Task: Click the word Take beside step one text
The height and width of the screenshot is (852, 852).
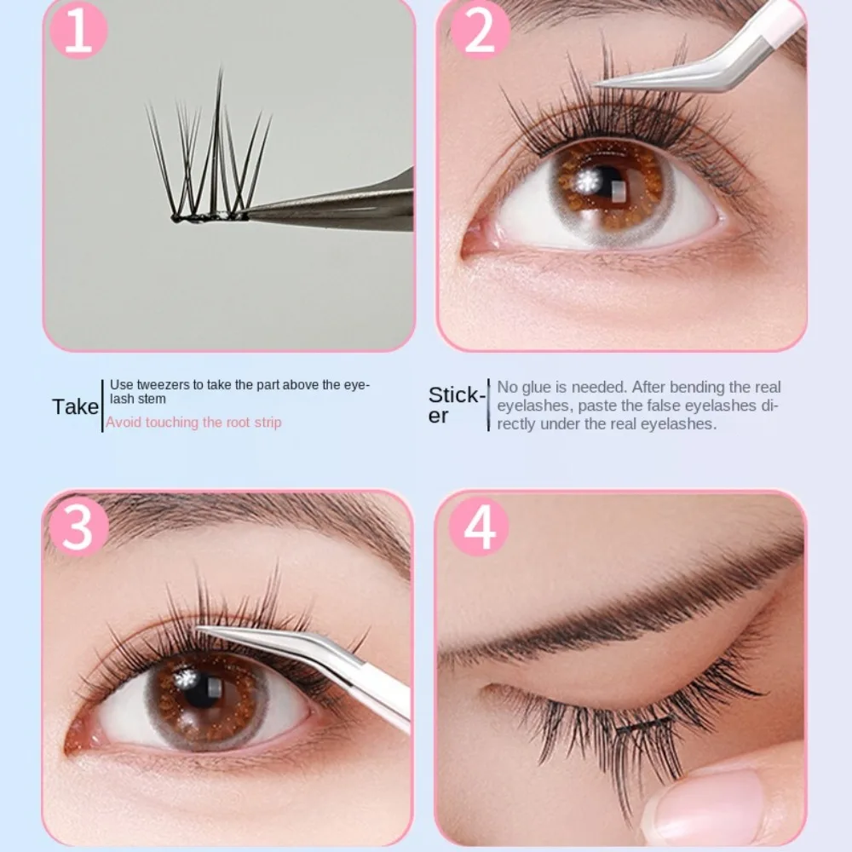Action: click(x=75, y=406)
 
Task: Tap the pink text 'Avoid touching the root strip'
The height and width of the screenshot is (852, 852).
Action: click(x=193, y=422)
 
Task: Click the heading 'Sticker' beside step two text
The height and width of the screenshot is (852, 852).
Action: click(x=456, y=405)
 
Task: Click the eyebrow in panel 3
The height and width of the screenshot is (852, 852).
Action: click(x=256, y=520)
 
